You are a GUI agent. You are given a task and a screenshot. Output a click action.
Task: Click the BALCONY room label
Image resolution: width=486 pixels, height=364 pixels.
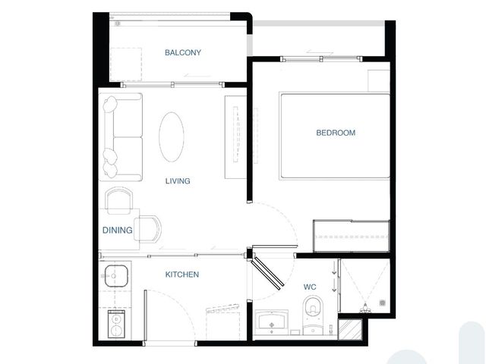click(183, 52)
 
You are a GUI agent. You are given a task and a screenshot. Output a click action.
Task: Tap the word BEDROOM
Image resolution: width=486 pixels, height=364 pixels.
click(336, 133)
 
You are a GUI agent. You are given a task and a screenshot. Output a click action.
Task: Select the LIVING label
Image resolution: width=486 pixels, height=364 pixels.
click(178, 181)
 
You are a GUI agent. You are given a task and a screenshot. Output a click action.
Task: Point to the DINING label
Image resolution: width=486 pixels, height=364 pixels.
click(118, 231)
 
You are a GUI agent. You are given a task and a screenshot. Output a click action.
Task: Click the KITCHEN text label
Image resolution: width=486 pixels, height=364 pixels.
click(182, 275)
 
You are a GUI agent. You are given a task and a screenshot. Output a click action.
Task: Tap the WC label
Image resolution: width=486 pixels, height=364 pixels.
click(310, 287)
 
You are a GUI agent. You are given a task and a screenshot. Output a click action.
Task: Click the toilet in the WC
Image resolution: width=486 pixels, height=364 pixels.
click(314, 315)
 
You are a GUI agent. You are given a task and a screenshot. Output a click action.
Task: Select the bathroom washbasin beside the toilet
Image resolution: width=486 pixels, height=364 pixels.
click(272, 322)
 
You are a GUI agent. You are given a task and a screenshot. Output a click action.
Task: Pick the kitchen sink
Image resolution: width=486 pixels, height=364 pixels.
click(116, 276)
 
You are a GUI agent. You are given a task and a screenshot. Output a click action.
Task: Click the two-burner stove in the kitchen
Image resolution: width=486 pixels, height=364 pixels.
click(116, 324)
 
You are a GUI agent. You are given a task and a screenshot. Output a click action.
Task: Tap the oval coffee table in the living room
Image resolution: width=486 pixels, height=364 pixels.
click(172, 136)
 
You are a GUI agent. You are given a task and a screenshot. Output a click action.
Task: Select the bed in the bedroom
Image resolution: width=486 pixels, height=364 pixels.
click(334, 136)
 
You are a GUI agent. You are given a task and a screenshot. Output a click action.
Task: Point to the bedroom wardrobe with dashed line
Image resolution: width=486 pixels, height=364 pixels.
click(351, 236)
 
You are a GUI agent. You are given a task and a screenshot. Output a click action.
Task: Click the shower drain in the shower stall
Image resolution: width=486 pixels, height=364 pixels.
click(383, 303)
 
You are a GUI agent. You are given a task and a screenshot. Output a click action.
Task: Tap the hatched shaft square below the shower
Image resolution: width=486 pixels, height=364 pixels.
click(350, 329)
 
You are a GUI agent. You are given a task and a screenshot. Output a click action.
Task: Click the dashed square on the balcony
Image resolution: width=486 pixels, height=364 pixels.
click(126, 64)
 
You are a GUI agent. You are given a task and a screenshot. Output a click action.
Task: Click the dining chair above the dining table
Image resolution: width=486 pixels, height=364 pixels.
click(119, 200)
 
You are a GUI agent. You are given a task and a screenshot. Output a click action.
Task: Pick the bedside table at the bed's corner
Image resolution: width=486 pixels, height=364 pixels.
click(379, 81)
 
